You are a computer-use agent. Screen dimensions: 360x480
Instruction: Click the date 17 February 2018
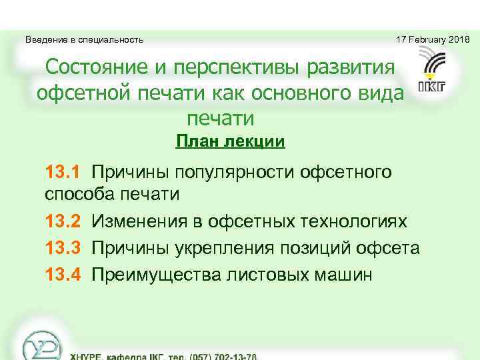(433, 40)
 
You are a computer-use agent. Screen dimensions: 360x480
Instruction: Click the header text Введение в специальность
(84, 40)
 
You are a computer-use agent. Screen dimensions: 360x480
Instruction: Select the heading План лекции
(230, 141)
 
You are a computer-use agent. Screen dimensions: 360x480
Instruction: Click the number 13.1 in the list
(62, 173)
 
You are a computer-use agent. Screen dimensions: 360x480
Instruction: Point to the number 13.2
(62, 221)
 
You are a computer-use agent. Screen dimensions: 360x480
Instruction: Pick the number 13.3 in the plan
(62, 248)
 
